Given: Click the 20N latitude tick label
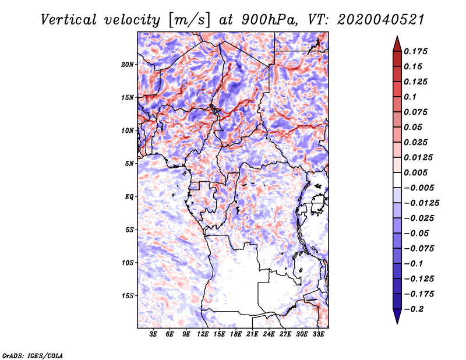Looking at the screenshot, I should pyautogui.click(x=128, y=64).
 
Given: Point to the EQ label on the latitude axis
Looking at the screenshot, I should pyautogui.click(x=129, y=197).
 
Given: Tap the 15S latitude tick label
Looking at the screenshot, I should pyautogui.click(x=128, y=296).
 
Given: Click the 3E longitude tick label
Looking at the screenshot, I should pyautogui.click(x=154, y=335).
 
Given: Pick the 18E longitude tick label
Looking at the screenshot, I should pyautogui.click(x=236, y=335).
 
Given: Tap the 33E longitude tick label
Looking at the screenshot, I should pyautogui.click(x=318, y=335).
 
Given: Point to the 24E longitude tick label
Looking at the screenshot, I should pyautogui.click(x=269, y=335).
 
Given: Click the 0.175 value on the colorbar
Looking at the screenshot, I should pyautogui.click(x=417, y=52).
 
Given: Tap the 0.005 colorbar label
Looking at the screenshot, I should pyautogui.click(x=417, y=172).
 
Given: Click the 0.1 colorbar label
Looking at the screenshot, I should pyautogui.click(x=411, y=97).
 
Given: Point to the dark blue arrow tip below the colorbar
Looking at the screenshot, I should pyautogui.click(x=397, y=318).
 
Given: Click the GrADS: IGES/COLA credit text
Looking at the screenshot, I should pyautogui.click(x=32, y=355).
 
